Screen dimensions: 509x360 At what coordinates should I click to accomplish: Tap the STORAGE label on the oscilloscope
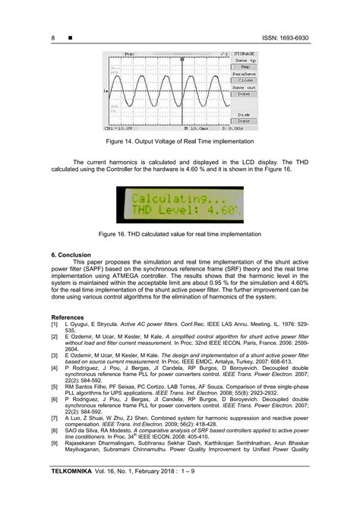(x=243, y=54)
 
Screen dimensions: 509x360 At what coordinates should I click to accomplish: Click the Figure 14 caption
(x=179, y=142)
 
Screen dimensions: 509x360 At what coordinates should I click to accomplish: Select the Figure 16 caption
(x=179, y=235)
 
